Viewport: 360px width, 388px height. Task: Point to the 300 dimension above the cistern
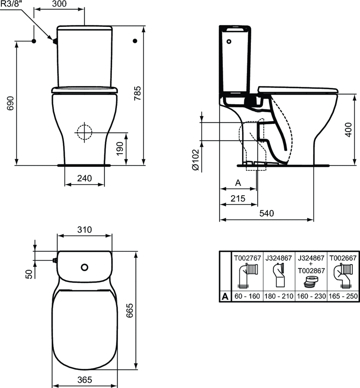click(59, 4)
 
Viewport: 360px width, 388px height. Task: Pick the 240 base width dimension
click(84, 178)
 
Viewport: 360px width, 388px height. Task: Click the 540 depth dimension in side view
click(266, 213)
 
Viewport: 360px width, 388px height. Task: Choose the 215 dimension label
click(238, 198)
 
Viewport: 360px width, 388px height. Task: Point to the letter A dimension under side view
click(238, 183)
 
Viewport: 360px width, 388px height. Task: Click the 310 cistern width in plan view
click(84, 229)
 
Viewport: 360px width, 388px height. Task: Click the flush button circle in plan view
click(84, 267)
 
